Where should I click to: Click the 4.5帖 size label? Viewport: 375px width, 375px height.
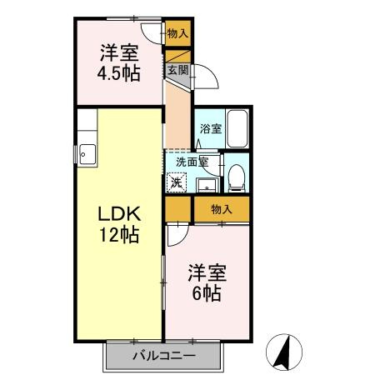tap(118, 73)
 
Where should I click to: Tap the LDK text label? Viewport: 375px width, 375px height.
tap(119, 214)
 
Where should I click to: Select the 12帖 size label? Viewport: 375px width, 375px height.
tap(119, 235)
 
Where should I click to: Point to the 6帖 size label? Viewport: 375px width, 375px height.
tap(207, 292)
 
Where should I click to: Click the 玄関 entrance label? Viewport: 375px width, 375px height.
tap(178, 70)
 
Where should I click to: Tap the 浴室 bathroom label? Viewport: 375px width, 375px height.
tap(211, 128)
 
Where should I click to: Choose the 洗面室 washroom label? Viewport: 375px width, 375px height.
tap(192, 162)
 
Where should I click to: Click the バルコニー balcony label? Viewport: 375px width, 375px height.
tap(164, 356)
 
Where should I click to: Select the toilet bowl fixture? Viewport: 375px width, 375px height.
tap(237, 177)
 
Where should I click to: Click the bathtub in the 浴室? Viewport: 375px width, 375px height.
tap(237, 128)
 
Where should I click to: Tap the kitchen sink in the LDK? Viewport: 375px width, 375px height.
tap(87, 154)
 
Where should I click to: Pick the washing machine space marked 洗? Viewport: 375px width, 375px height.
tap(177, 182)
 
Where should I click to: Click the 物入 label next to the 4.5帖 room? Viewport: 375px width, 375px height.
tap(177, 34)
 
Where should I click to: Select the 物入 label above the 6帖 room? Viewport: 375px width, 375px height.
tap(222, 209)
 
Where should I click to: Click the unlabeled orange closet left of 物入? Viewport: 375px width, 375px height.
tap(177, 209)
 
